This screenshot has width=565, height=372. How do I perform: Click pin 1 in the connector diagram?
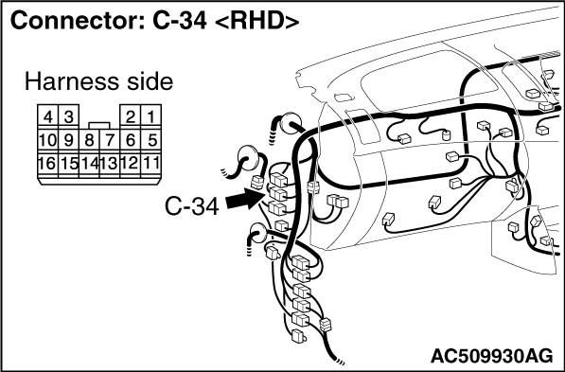(x=151, y=116)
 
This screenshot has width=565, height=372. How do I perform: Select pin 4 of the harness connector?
(x=47, y=116)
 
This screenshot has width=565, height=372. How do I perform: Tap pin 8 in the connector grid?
(x=89, y=140)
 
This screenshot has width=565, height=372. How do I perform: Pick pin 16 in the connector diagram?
(x=47, y=164)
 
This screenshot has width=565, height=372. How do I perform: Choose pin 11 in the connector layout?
(x=151, y=164)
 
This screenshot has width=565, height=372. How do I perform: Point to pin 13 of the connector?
(x=110, y=164)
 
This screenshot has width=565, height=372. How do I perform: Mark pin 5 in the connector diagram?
(x=151, y=140)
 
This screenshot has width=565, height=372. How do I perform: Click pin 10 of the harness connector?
(x=47, y=140)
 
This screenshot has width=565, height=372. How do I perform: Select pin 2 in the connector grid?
(x=131, y=116)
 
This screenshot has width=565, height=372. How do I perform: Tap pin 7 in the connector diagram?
(x=110, y=140)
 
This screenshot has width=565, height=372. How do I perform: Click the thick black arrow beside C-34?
(x=244, y=199)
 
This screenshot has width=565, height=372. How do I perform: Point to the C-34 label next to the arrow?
(x=192, y=206)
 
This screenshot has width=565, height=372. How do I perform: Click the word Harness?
(x=71, y=81)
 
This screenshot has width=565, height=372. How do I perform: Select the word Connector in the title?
(x=73, y=21)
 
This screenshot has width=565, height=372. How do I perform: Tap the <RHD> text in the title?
(x=256, y=21)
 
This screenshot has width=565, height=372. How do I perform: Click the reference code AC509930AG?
(x=491, y=357)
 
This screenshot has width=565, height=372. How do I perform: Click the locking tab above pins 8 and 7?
(x=99, y=125)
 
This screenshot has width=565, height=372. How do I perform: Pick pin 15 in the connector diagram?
(x=68, y=164)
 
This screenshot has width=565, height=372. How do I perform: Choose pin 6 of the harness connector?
(x=131, y=140)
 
